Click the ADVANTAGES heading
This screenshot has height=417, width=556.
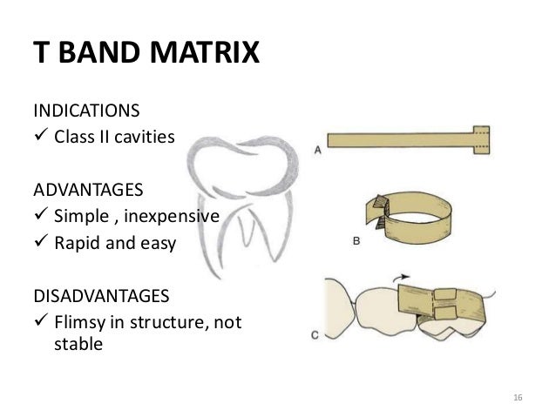(77, 188)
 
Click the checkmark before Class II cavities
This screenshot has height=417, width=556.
(39, 137)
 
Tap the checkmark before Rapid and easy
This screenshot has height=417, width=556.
(39, 243)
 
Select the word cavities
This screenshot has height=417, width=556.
(133, 137)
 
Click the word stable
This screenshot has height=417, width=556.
(78, 344)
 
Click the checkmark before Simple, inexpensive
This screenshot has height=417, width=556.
(39, 217)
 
